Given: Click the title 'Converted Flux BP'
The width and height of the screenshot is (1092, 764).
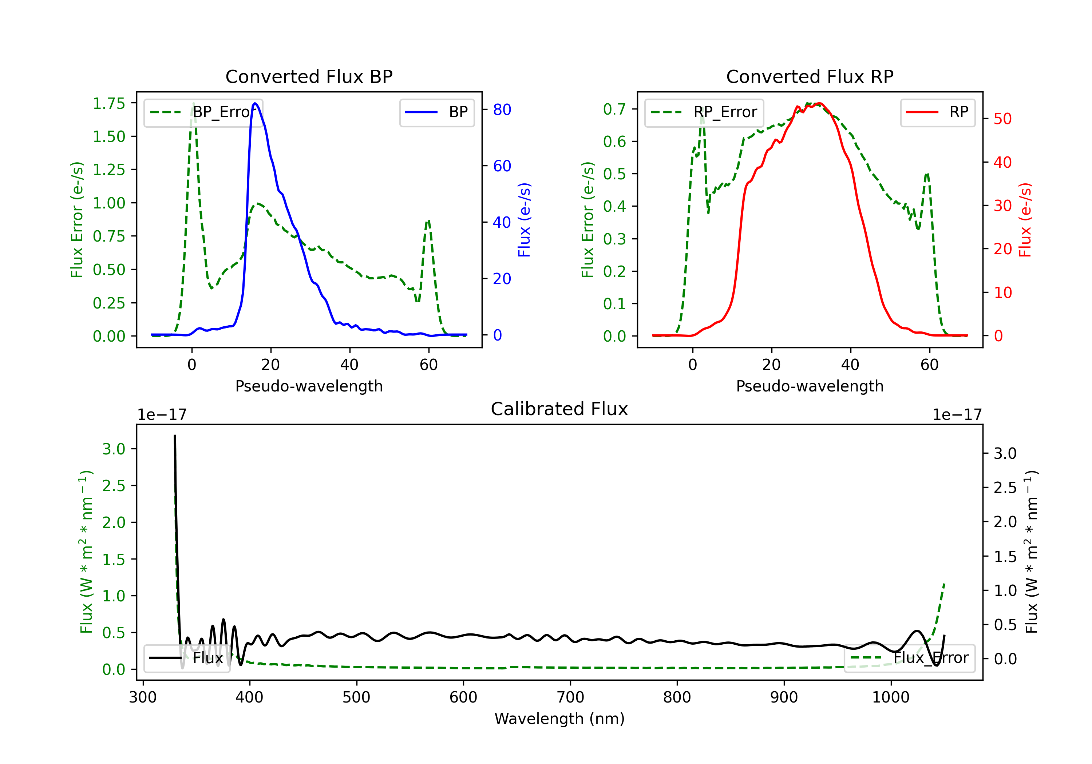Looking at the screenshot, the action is (309, 76).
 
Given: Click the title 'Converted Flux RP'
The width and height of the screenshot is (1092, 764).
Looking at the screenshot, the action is (810, 76).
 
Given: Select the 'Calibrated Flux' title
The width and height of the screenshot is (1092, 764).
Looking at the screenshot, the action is (559, 409).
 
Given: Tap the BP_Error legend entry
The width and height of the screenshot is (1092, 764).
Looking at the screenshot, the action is (203, 112).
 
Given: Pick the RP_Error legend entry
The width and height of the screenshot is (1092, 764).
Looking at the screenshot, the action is (704, 112).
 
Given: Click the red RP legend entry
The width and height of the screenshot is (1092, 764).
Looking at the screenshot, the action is (937, 112).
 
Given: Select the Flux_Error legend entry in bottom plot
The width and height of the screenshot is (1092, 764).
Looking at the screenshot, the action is (909, 658).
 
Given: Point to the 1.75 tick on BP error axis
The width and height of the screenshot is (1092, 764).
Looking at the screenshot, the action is (109, 103).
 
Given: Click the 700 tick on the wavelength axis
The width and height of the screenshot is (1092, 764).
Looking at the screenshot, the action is (570, 697).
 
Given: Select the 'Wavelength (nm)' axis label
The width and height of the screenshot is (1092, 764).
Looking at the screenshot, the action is (559, 719).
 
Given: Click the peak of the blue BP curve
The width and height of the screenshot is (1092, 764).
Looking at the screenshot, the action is (256, 103).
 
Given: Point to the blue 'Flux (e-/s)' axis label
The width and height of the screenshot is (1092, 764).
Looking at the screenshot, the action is (524, 220).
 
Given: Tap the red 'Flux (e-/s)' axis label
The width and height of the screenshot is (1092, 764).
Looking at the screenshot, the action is (1025, 220).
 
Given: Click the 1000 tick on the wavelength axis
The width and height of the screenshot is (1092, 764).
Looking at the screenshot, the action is (891, 697).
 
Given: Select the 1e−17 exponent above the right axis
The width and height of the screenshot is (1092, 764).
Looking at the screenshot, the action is (957, 415).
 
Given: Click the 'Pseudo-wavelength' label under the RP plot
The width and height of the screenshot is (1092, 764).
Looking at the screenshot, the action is (810, 386).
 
